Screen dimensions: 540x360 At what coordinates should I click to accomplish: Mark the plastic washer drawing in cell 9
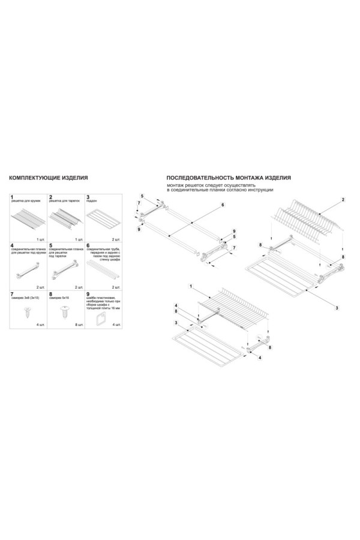(101, 313)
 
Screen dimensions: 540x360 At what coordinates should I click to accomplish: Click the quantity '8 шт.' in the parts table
(78, 325)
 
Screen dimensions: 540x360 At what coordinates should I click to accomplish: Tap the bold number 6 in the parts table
(88, 245)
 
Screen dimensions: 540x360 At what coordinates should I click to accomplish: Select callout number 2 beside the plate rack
(342, 199)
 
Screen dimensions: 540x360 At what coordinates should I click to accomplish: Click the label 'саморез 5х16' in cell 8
(61, 298)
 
